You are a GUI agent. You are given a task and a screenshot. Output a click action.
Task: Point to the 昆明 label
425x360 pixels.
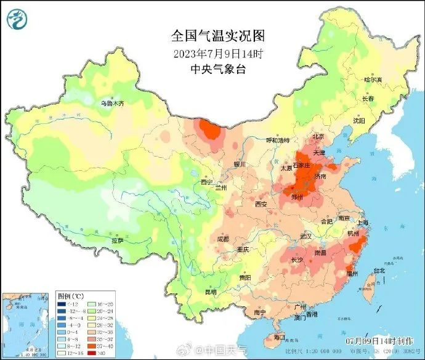pyautogui.click(x=211, y=292)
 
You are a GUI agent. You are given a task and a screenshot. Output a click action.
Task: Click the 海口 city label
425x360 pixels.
pyautogui.click(x=280, y=337)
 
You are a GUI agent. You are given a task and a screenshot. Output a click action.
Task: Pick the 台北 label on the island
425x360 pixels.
pyautogui.click(x=378, y=270)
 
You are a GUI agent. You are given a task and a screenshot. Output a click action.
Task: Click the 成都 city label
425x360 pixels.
pyautogui.click(x=222, y=239)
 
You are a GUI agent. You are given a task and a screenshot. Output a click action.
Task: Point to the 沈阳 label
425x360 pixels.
pyautogui.click(x=358, y=121)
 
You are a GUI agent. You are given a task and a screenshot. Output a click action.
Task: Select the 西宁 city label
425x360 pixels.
pyautogui.click(x=206, y=182)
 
